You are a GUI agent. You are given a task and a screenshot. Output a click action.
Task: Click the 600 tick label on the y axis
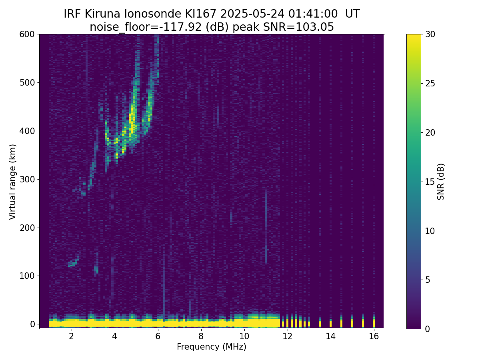[x=27, y=34]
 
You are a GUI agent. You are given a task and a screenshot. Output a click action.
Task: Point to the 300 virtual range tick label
[x=27, y=180]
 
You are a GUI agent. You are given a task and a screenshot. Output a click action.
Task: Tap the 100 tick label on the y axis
[x=27, y=276]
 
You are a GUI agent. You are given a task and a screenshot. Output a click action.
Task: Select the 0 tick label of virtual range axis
[x=32, y=324]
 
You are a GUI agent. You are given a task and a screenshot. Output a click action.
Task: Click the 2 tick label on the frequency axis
[x=71, y=336]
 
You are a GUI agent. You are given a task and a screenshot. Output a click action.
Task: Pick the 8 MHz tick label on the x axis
[x=201, y=336]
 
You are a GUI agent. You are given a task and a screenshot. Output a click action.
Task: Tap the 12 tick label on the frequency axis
[x=287, y=336]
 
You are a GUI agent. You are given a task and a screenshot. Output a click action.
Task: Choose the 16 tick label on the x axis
[x=374, y=336]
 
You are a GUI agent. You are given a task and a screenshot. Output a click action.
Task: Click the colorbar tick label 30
[x=430, y=34]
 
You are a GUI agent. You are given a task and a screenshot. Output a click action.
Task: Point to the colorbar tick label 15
[x=430, y=182]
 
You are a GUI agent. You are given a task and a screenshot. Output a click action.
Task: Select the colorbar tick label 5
[x=428, y=280]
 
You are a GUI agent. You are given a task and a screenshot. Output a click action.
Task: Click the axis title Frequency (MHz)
[x=212, y=347]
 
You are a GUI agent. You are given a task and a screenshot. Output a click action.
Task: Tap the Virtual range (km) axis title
[x=12, y=182]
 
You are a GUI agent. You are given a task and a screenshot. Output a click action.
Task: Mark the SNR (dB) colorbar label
[x=440, y=182]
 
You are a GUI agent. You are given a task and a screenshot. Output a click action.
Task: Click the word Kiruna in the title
[x=102, y=14]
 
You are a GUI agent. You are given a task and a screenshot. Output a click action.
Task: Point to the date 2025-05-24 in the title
[x=252, y=14]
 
